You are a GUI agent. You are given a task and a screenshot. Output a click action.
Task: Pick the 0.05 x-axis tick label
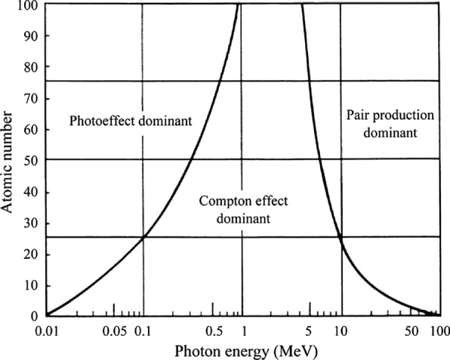click(114, 330)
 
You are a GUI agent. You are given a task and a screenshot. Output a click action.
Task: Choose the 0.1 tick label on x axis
click(143, 330)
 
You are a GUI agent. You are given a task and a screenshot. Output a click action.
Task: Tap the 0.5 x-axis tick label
click(212, 330)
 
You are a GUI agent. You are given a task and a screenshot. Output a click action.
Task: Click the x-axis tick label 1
click(242, 330)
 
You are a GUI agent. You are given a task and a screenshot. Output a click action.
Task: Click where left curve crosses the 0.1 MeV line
click(143, 237)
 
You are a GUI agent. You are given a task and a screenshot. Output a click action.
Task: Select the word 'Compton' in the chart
click(223, 202)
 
